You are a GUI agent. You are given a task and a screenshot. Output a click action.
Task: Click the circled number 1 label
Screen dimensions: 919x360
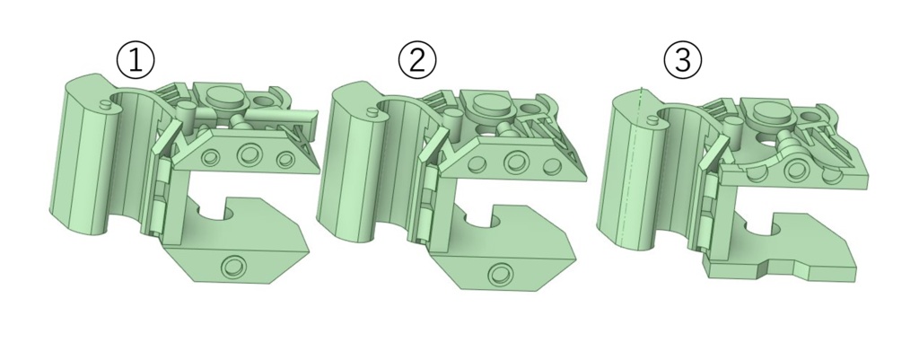pyautogui.click(x=136, y=61)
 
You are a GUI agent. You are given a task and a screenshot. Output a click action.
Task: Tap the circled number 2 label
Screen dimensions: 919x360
pyautogui.click(x=417, y=60)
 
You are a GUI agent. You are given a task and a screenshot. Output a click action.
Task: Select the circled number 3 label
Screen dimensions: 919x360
pyautogui.click(x=682, y=60)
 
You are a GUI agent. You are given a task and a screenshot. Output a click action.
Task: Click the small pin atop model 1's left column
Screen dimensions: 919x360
pyautogui.click(x=106, y=104)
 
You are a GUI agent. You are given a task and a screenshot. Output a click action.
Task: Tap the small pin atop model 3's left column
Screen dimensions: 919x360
pyautogui.click(x=652, y=121)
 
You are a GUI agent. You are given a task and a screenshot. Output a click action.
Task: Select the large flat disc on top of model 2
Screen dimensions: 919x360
pyautogui.click(x=493, y=103)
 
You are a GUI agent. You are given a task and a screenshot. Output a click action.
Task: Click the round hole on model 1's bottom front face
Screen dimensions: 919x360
pyautogui.click(x=233, y=267)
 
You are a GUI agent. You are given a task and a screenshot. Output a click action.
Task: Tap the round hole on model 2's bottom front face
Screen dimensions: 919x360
pyautogui.click(x=500, y=273)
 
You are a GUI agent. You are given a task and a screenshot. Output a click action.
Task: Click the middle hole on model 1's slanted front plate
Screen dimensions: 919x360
pyautogui.click(x=249, y=156)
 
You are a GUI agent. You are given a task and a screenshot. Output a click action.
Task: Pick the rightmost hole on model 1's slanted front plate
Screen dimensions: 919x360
pyautogui.click(x=285, y=159)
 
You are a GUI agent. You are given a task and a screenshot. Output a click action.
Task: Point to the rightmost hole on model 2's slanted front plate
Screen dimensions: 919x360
pyautogui.click(x=552, y=166)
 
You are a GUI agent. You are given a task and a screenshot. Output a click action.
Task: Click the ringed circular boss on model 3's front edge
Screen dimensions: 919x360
pyautogui.click(x=796, y=171)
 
